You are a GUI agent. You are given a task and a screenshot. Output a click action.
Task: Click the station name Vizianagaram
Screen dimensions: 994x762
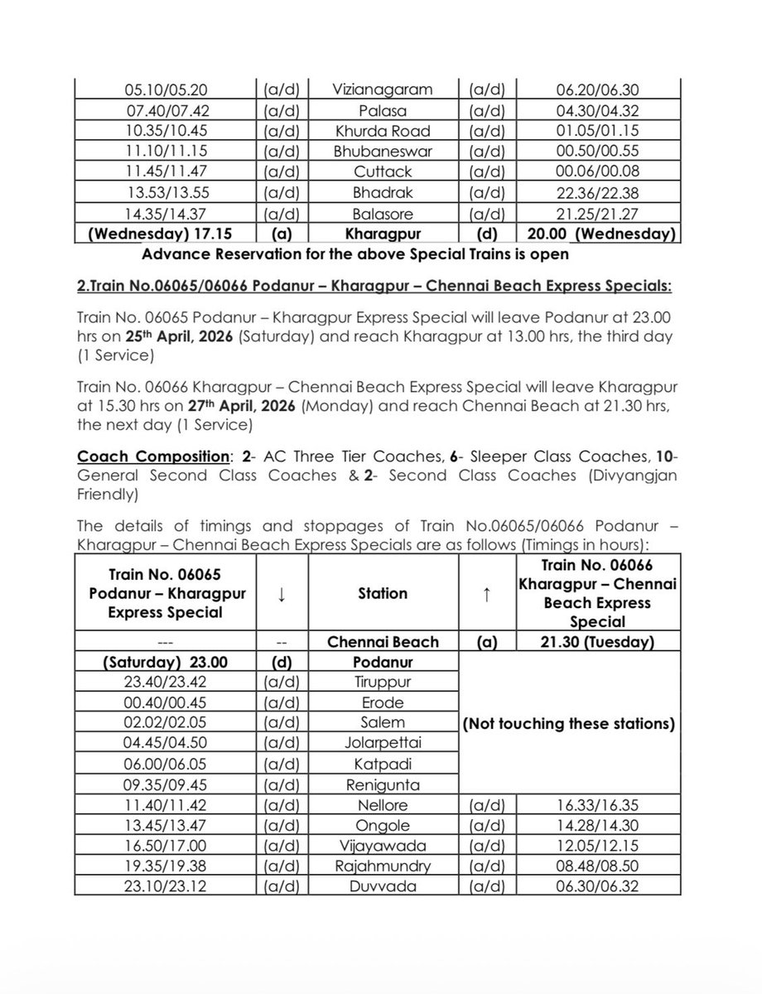pos(383,89)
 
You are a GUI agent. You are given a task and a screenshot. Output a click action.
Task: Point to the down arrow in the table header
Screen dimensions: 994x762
pos(282,592)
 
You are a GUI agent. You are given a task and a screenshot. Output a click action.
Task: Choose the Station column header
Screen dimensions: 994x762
pos(383,592)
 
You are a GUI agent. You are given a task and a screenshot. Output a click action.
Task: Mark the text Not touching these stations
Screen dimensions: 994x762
pos(568,723)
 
